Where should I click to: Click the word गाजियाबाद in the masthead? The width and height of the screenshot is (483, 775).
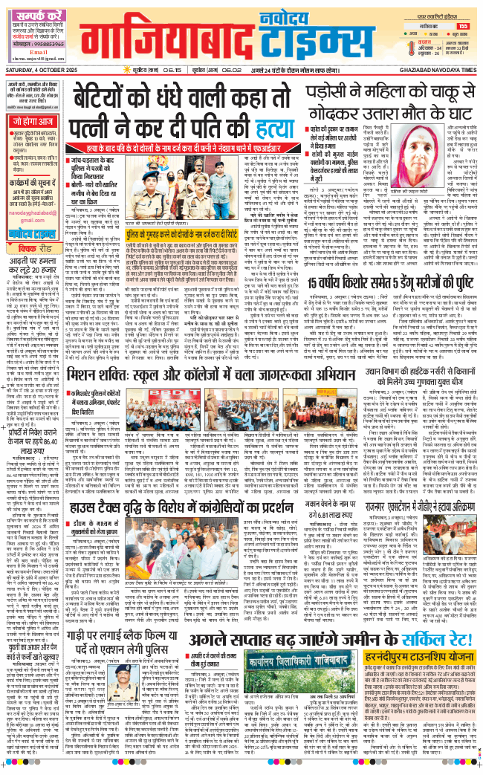(161, 43)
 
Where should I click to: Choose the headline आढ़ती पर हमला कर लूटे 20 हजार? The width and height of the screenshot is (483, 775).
(33, 267)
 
